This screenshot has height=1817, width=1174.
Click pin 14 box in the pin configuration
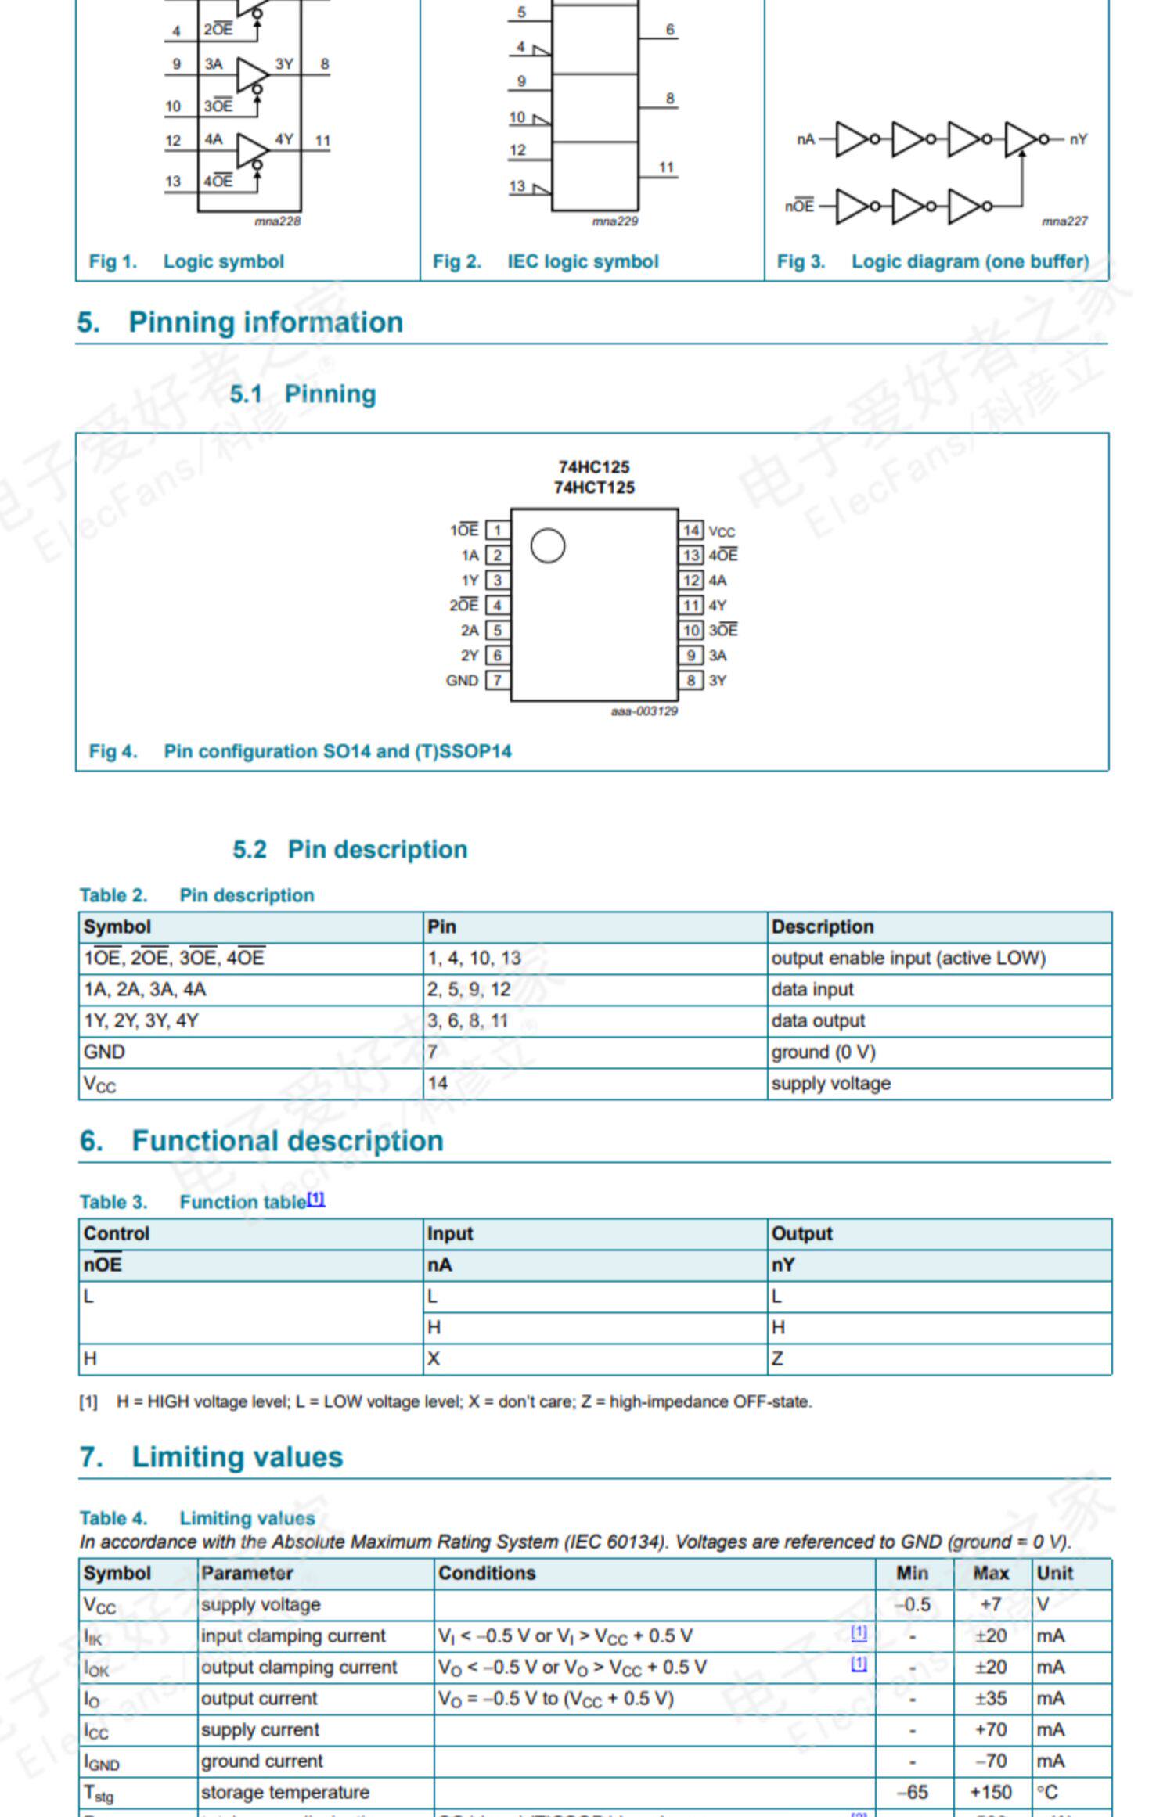(690, 531)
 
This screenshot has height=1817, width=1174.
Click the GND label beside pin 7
(462, 681)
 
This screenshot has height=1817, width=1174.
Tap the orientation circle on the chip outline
(547, 545)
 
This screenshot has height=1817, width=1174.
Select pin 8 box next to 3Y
(690, 680)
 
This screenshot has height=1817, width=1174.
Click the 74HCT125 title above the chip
(594, 488)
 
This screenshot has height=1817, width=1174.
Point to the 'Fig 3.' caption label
(801, 261)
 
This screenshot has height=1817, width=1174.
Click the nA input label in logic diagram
(805, 139)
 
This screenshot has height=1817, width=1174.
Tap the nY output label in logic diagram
(1078, 139)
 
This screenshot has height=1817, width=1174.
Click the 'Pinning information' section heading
(265, 322)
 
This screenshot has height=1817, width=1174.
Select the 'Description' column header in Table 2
(822, 926)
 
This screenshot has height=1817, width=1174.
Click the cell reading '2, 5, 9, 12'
(469, 989)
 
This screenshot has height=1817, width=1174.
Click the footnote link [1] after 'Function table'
(315, 1199)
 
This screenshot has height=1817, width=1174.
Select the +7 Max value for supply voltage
(990, 1604)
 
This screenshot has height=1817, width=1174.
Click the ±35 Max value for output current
(990, 1698)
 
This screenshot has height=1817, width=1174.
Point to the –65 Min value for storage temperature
(913, 1792)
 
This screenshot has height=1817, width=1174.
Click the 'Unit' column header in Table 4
(1054, 1573)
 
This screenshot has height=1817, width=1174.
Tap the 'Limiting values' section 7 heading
(237, 1457)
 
